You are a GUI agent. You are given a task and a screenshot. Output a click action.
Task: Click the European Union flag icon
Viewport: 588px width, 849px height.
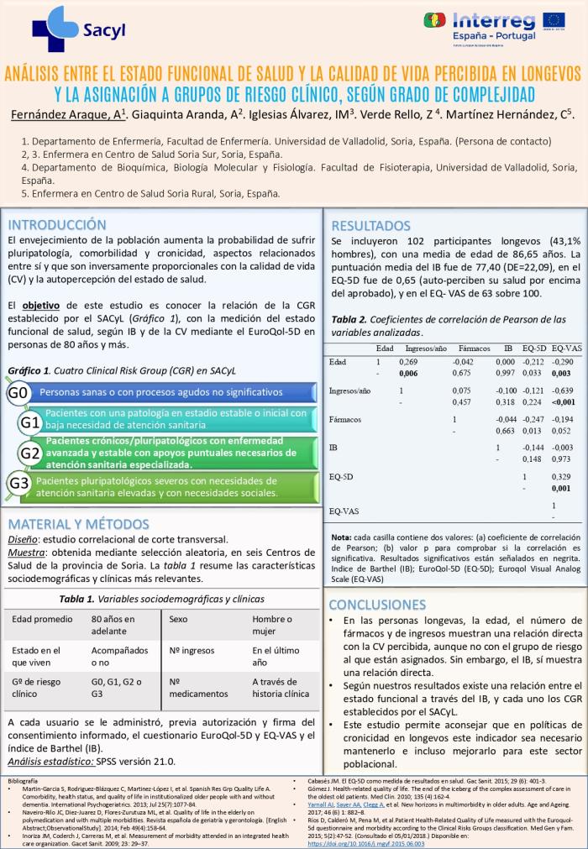tap(554, 20)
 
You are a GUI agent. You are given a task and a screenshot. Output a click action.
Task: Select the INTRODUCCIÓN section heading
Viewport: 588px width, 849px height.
tap(57, 225)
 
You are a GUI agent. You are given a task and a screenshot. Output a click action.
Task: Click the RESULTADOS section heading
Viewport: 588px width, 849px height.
tap(371, 225)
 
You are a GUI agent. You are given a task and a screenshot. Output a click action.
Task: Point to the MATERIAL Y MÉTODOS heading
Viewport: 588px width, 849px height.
tap(84, 524)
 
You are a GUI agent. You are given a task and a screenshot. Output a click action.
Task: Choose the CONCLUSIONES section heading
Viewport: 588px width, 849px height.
tap(383, 605)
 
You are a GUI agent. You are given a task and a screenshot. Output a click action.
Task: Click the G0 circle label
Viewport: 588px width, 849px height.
tap(18, 393)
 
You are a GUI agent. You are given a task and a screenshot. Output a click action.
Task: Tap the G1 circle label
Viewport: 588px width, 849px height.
tap(31, 422)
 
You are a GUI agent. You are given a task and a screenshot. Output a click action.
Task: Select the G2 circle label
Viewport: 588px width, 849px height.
tap(31, 453)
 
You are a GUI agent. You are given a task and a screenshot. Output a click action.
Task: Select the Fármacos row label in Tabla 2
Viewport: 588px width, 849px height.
tap(345, 418)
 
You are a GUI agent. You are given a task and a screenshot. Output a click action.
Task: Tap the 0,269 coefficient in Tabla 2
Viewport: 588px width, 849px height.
tap(407, 362)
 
